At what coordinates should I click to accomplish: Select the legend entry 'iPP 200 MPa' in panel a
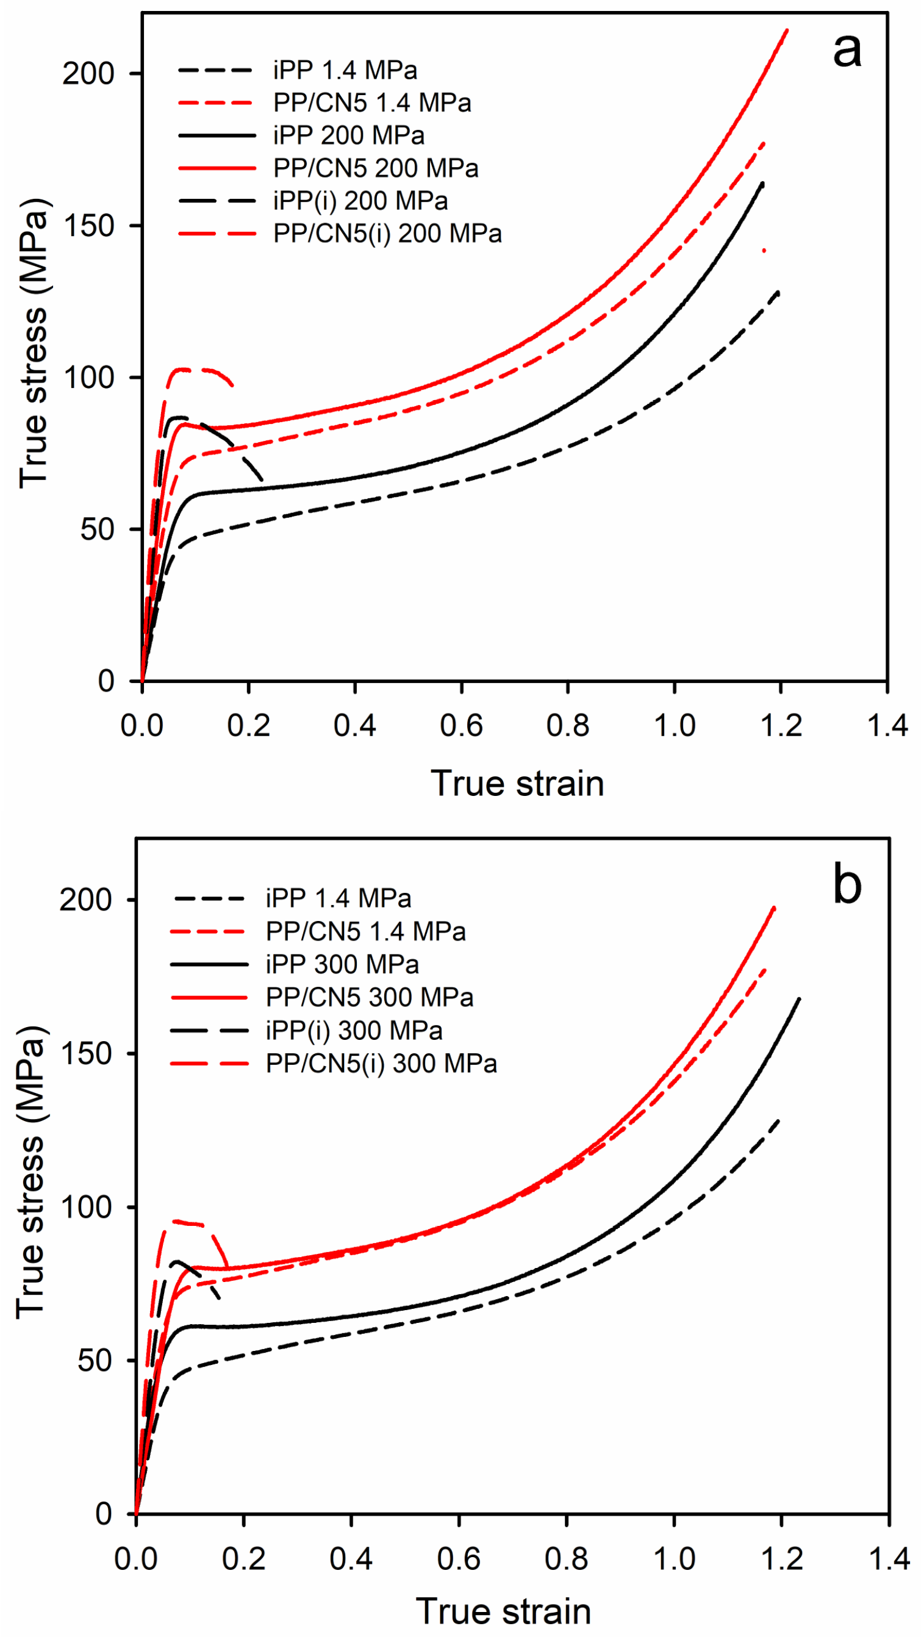point(348,135)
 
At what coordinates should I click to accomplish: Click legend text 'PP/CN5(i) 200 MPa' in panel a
point(387,234)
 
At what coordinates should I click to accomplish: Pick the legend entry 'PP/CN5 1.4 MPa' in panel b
point(365,931)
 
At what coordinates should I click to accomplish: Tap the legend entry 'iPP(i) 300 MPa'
point(353,1030)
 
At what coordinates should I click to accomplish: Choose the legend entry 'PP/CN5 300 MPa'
point(369,997)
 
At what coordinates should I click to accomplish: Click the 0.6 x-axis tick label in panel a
point(461,726)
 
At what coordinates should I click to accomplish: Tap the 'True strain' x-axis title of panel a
point(517,783)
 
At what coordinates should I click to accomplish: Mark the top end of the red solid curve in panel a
point(787,30)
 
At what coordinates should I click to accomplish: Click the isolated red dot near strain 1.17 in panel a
point(764,251)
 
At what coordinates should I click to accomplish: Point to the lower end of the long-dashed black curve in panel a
point(262,480)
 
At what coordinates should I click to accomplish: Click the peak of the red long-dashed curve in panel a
point(184,368)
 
